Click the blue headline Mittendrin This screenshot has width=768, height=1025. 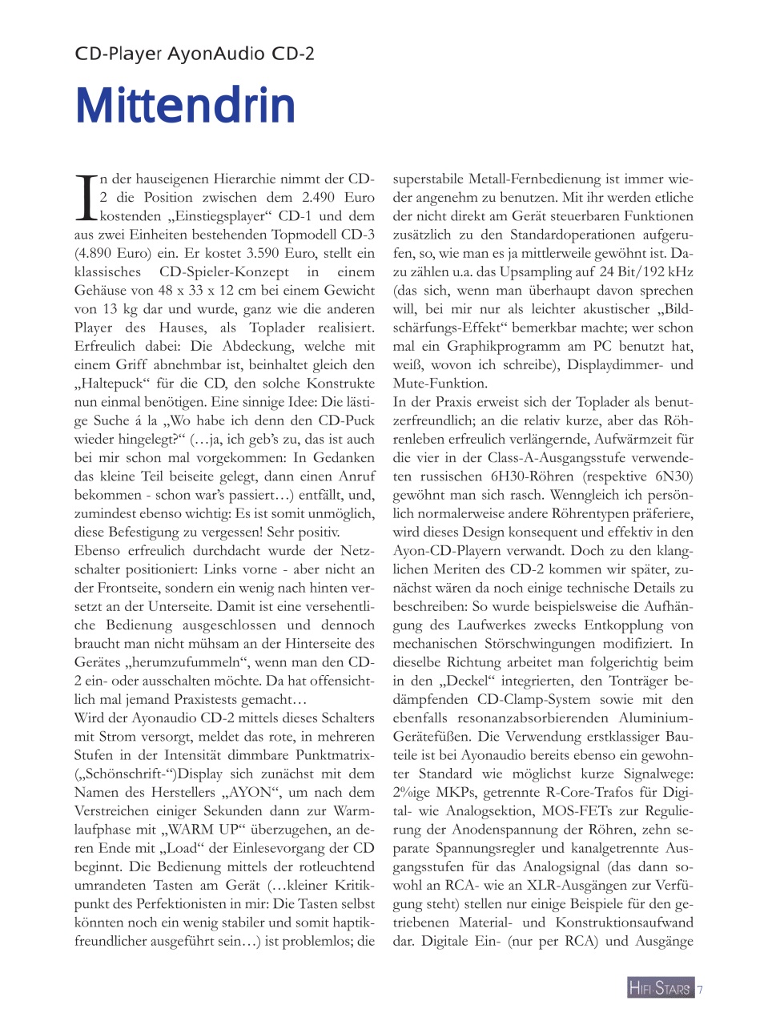[185, 106]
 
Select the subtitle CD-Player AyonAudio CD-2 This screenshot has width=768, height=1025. [195, 54]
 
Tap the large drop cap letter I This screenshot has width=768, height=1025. [86, 198]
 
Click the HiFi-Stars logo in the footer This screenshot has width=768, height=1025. [659, 988]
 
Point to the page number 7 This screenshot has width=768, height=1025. [700, 989]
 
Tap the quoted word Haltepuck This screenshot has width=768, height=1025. [112, 384]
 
